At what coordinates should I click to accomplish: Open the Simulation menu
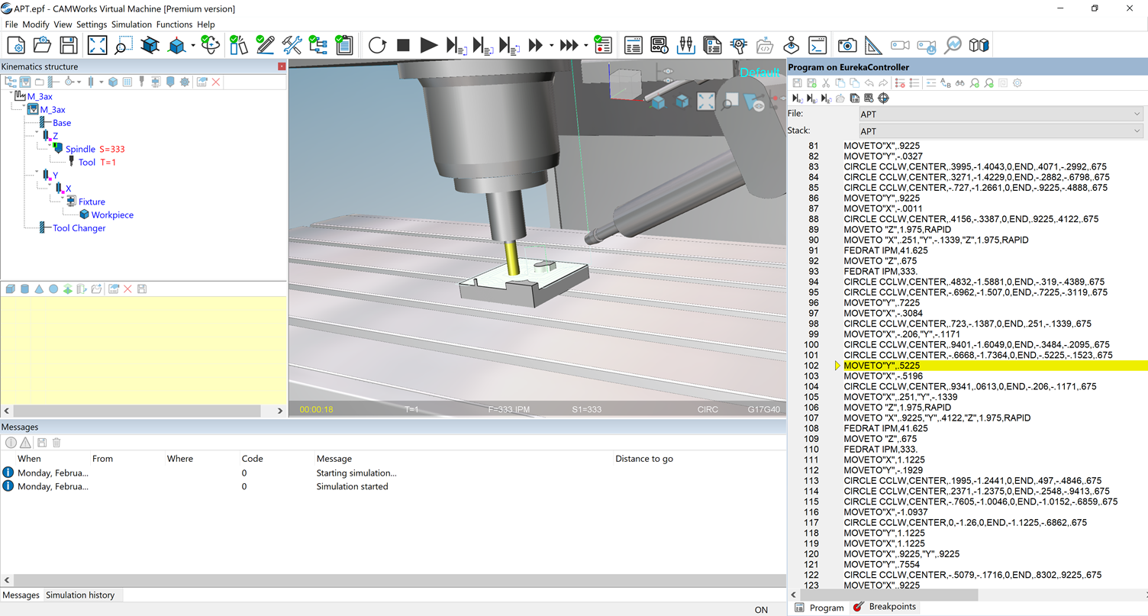click(x=131, y=24)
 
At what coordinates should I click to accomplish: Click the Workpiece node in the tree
click(x=112, y=215)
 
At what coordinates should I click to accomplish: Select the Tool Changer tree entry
click(x=79, y=228)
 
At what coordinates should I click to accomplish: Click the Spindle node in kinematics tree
click(x=80, y=150)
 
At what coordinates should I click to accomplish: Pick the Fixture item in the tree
click(x=92, y=202)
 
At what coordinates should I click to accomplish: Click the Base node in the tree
click(x=62, y=123)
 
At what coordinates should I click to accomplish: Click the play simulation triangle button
click(x=429, y=46)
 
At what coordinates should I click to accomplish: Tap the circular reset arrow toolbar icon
click(x=377, y=46)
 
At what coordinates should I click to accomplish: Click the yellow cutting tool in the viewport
click(x=511, y=259)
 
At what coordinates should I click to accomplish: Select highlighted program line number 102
click(x=811, y=366)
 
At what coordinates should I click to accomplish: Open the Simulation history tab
click(x=80, y=595)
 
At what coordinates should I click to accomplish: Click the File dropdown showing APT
click(x=1000, y=114)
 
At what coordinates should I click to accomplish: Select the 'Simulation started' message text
click(x=352, y=487)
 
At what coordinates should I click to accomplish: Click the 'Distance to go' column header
click(x=643, y=459)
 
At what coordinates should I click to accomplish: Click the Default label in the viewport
click(x=759, y=73)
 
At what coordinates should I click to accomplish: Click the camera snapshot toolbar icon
click(x=846, y=46)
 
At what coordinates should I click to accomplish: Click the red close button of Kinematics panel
click(x=282, y=67)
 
